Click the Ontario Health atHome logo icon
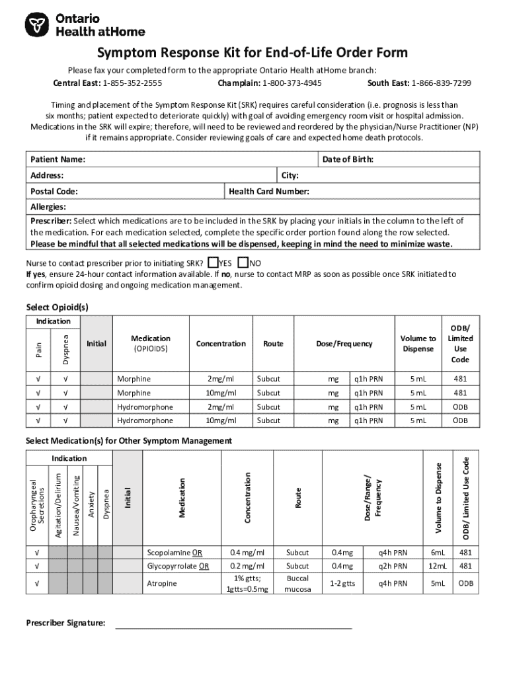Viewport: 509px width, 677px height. pyautogui.click(x=38, y=26)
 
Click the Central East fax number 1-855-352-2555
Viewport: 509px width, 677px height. pyautogui.click(x=132, y=83)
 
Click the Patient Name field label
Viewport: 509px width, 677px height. pyautogui.click(x=58, y=159)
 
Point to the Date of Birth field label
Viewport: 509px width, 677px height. pyautogui.click(x=348, y=159)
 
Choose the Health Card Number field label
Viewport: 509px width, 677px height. pyautogui.click(x=269, y=191)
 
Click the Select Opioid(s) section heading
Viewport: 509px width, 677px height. pyautogui.click(x=57, y=307)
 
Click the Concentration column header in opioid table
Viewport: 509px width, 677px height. pyautogui.click(x=221, y=343)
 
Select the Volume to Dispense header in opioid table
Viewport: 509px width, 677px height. pyautogui.click(x=418, y=343)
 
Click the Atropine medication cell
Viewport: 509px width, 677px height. pyautogui.click(x=162, y=584)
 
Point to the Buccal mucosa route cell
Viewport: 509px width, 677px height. pyautogui.click(x=297, y=584)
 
